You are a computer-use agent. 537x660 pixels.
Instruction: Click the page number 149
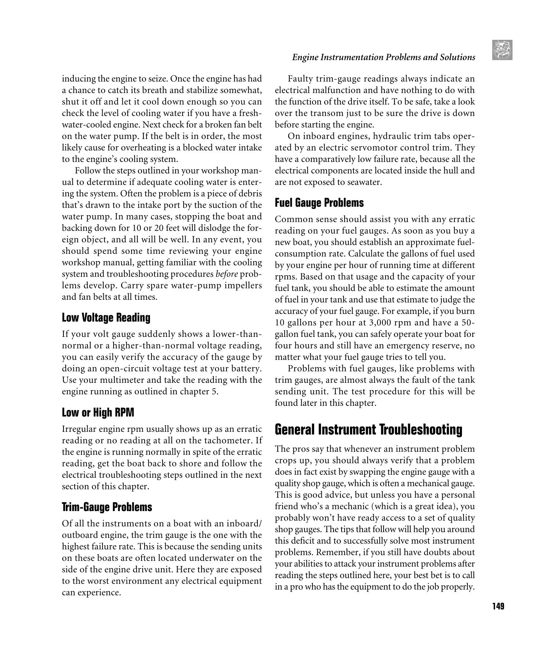[x=498, y=606]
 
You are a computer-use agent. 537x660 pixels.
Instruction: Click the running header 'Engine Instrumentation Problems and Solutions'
[x=383, y=57]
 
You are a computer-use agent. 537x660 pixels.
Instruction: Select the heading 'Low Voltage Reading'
[x=106, y=318]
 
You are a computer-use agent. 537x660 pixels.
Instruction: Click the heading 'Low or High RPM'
[x=98, y=413]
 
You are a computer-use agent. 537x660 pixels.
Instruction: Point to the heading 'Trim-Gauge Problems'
[x=107, y=507]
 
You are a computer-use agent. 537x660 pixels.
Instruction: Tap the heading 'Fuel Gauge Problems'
[x=319, y=203]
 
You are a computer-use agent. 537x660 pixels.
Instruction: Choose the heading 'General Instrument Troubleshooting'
[x=368, y=430]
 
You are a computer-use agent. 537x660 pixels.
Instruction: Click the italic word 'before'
[x=227, y=274]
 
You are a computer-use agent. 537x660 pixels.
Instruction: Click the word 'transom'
[x=324, y=113]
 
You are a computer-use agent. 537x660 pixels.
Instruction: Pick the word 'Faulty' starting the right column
[x=300, y=79]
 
